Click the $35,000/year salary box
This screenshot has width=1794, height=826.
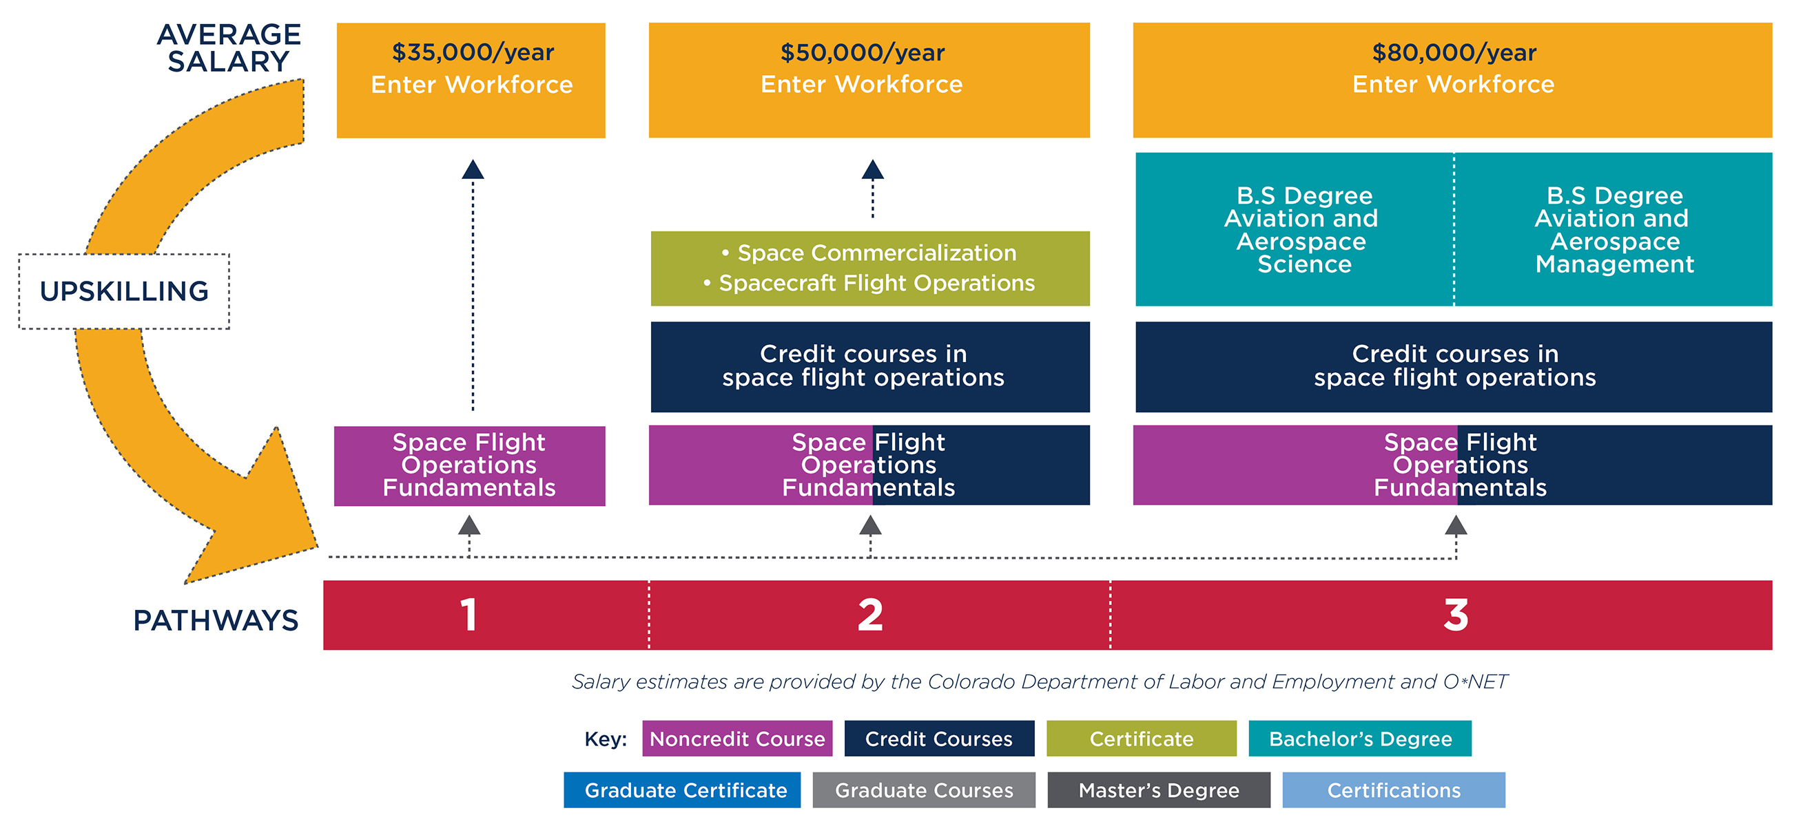click(471, 80)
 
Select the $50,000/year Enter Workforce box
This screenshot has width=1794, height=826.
click(869, 80)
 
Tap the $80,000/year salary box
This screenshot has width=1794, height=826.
click(1452, 80)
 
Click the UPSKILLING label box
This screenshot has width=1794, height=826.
click(124, 291)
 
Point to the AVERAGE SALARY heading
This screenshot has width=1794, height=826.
click(229, 47)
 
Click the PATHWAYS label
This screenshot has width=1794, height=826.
click(215, 620)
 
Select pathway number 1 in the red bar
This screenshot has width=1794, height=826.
click(468, 615)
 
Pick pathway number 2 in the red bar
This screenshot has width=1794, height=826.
click(870, 615)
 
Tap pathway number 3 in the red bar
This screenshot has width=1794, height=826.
click(1456, 615)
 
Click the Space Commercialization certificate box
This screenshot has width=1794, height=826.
click(870, 268)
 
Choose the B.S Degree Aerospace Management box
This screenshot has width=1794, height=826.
click(1613, 229)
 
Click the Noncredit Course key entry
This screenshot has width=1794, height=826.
click(737, 739)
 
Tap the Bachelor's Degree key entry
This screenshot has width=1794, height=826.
click(1359, 739)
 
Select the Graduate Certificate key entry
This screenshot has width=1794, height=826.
click(682, 790)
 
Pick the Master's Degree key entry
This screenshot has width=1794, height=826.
click(1158, 790)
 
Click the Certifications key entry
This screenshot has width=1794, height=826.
click(1394, 790)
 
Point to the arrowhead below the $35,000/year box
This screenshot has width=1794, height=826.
click(473, 169)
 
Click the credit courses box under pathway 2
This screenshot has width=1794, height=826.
click(870, 366)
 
